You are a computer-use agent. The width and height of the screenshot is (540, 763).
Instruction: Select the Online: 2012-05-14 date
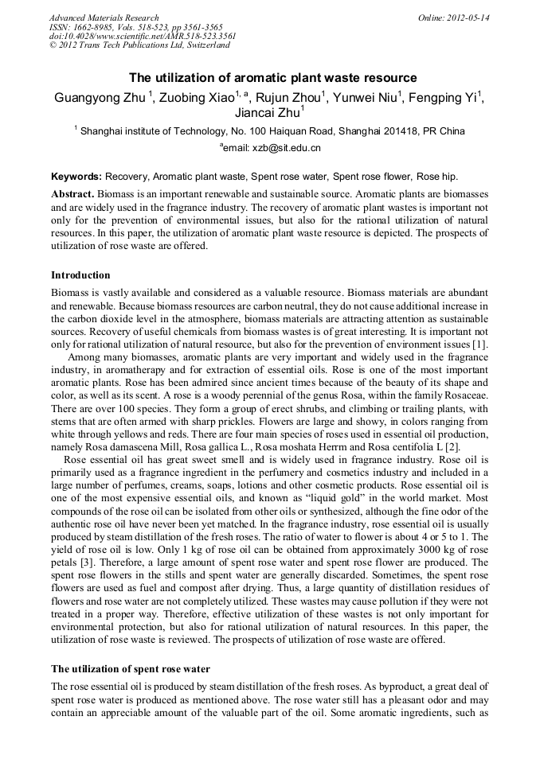pos(453,17)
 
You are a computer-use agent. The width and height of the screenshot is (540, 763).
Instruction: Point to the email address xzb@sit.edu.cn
pos(285,148)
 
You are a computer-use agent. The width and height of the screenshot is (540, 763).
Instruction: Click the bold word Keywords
pos(76,176)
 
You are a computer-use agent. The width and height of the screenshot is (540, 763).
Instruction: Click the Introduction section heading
pos(80,275)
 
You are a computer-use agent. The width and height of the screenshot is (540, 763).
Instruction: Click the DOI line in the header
pos(143,36)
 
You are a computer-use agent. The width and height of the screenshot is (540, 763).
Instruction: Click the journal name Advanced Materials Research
pos(104,17)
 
